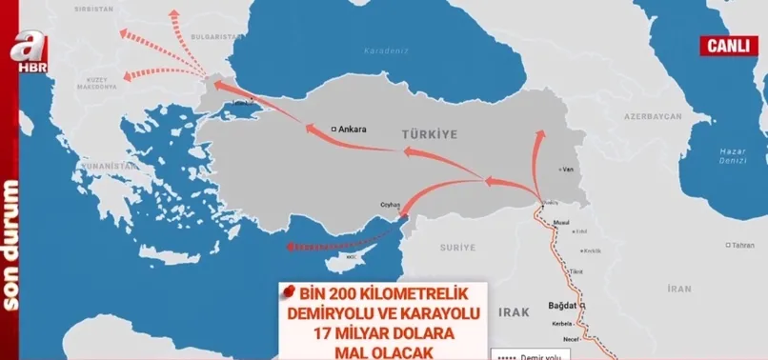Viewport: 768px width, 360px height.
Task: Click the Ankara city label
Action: [x=352, y=128]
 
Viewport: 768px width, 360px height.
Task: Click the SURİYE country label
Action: [x=456, y=247]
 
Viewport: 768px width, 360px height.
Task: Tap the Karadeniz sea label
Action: [x=386, y=50]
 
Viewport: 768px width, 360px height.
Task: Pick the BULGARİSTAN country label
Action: [x=213, y=35]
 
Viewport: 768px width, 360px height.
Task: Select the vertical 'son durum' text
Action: [x=12, y=244]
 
